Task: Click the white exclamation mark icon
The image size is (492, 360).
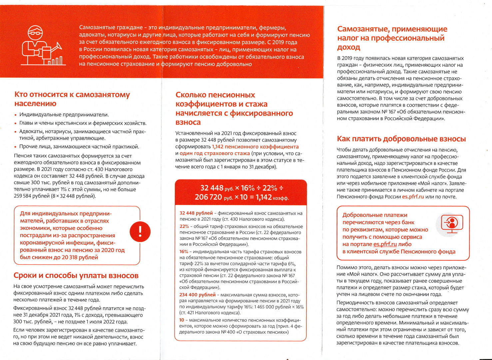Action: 140,231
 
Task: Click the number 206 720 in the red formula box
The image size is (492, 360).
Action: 209,197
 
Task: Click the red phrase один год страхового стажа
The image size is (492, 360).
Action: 215,153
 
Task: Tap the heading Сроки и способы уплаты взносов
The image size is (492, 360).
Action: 76,276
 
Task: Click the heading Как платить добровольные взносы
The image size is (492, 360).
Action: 401,139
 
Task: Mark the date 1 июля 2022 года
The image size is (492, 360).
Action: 107,322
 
